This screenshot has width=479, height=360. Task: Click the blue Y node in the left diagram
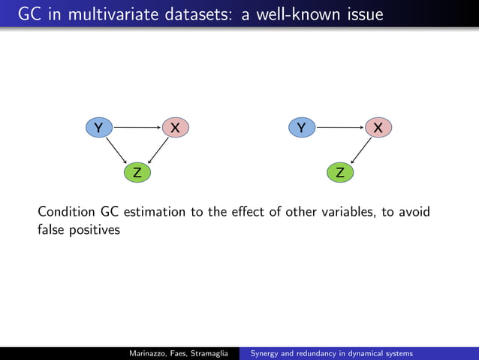point(98,128)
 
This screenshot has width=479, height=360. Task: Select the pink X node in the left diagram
point(175,128)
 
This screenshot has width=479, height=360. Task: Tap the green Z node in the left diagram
point(137,173)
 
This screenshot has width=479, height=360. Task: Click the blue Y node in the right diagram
point(302,128)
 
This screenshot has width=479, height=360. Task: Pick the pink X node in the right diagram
point(378,128)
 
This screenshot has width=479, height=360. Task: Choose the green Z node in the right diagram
point(340,173)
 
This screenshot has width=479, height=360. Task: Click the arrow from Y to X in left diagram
point(137,128)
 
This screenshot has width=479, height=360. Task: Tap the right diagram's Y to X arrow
point(339,128)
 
